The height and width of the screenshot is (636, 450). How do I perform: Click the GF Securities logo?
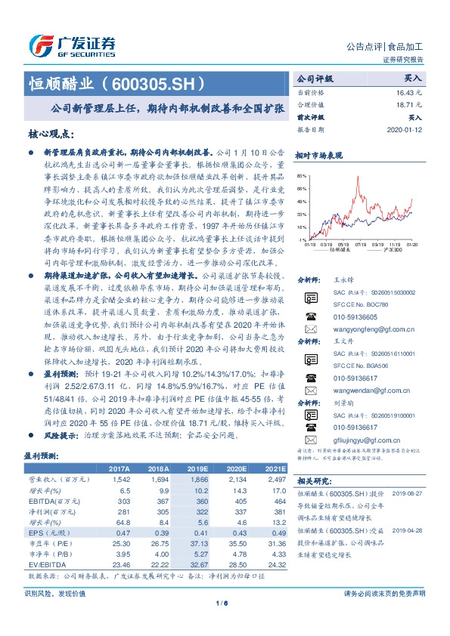click(x=72, y=45)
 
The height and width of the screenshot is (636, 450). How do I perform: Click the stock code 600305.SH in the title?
click(x=156, y=82)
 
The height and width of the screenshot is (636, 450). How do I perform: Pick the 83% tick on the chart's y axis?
click(x=303, y=175)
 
